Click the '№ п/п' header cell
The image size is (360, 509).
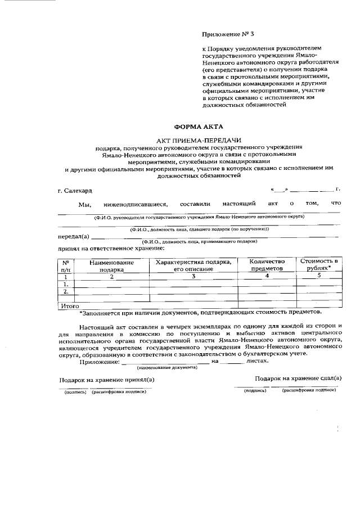click(x=66, y=265)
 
